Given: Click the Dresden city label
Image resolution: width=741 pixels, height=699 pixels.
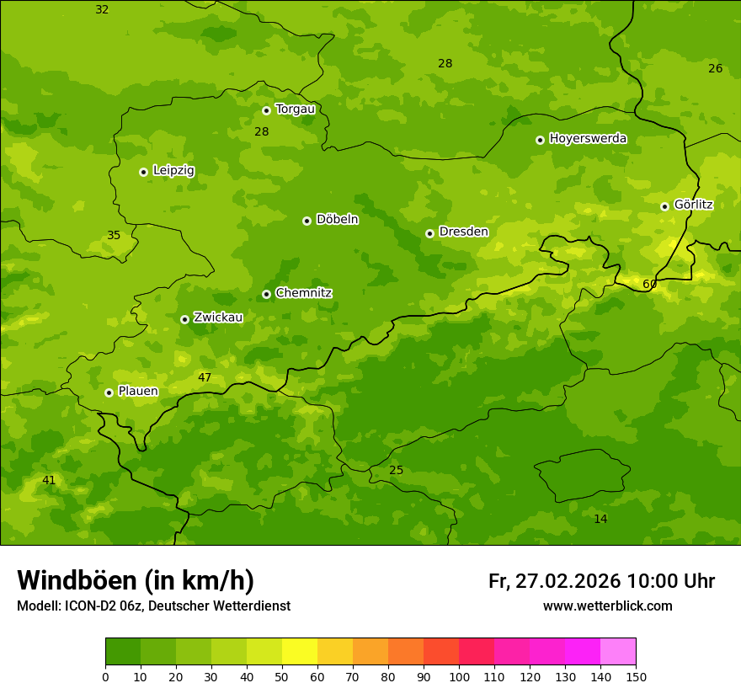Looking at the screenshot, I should [x=463, y=232].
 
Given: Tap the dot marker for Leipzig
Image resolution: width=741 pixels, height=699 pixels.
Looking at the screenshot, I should [x=143, y=172].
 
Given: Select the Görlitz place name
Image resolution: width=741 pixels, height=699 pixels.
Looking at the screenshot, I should [x=693, y=205].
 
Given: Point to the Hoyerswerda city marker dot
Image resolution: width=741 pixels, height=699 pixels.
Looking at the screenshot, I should [x=540, y=140].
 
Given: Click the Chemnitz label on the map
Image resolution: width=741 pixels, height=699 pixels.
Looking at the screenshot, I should [x=303, y=293].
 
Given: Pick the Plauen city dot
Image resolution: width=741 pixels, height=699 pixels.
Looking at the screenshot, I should [x=109, y=392].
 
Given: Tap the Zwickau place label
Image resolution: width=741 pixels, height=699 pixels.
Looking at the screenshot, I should [x=218, y=317].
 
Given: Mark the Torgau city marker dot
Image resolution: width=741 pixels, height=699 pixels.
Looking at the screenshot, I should [x=266, y=110].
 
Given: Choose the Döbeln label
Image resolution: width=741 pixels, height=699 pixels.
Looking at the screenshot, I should [x=337, y=220].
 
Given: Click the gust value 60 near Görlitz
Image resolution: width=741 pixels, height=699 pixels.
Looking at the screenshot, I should [x=649, y=285].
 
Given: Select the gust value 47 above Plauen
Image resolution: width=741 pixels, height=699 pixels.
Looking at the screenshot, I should [x=205, y=377].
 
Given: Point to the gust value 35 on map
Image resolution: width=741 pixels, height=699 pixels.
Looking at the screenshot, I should [x=114, y=236].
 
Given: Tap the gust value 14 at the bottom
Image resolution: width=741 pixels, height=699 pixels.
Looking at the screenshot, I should [x=600, y=519].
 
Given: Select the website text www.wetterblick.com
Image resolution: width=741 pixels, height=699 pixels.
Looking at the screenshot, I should [x=607, y=606].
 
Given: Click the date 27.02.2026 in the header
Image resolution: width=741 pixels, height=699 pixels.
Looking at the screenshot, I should [x=568, y=581].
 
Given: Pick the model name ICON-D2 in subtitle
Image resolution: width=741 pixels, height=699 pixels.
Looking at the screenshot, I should [x=93, y=606].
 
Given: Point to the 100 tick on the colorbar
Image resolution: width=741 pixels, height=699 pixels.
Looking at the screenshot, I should [x=459, y=676].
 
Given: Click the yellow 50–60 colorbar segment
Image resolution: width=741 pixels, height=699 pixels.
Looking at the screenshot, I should [x=300, y=652].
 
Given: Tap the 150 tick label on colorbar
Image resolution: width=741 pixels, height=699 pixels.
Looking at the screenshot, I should [x=636, y=676].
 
